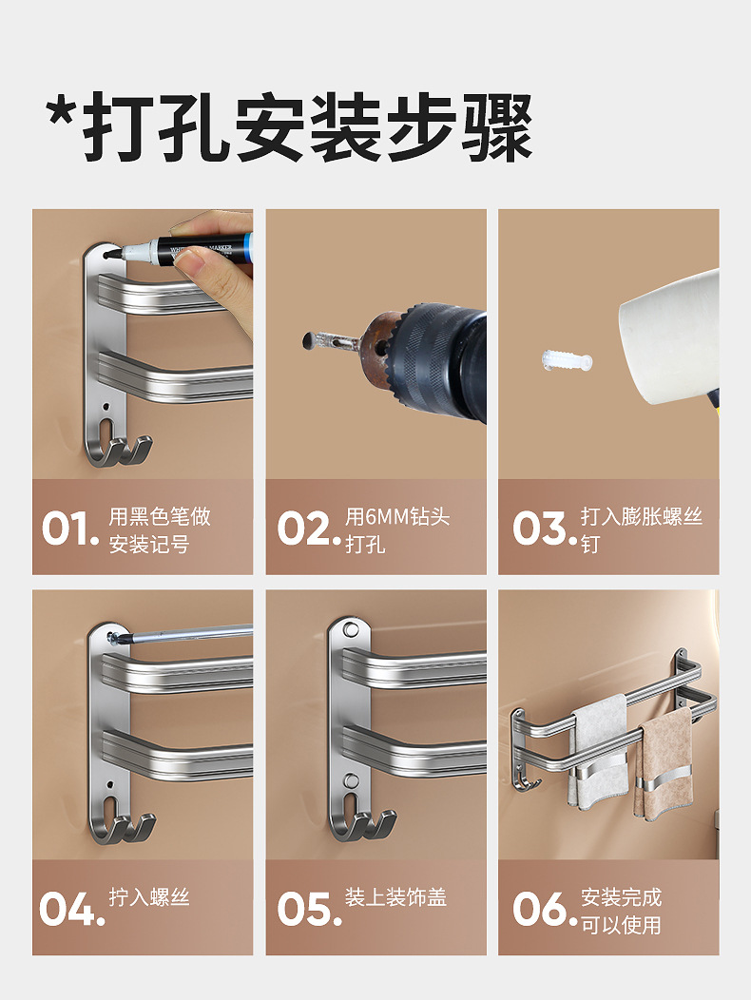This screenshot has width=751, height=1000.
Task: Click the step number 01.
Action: tap(69, 529)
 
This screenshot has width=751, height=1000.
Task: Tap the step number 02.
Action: tap(307, 529)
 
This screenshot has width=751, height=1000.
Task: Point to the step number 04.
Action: tap(69, 909)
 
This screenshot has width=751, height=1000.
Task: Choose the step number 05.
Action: tap(307, 909)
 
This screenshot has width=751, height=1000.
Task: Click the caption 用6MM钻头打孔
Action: tap(396, 530)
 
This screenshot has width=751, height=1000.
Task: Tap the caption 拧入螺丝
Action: tap(149, 897)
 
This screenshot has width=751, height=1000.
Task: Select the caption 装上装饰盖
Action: tap(395, 897)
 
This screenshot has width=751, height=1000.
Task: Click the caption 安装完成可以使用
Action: tap(621, 911)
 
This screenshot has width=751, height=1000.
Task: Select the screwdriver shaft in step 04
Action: tap(190, 631)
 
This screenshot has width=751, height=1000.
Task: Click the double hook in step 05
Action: tap(364, 824)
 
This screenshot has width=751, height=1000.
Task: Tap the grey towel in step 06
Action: tap(599, 751)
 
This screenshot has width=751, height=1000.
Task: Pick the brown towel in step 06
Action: tap(664, 765)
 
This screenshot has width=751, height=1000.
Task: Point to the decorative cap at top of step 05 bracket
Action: tap(351, 630)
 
